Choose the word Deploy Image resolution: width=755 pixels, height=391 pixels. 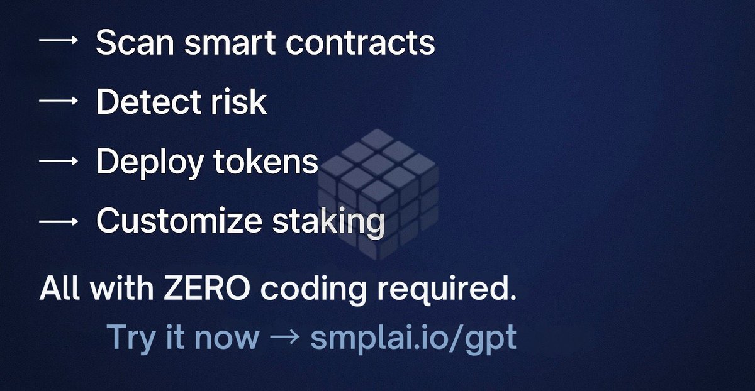coord(148,162)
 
